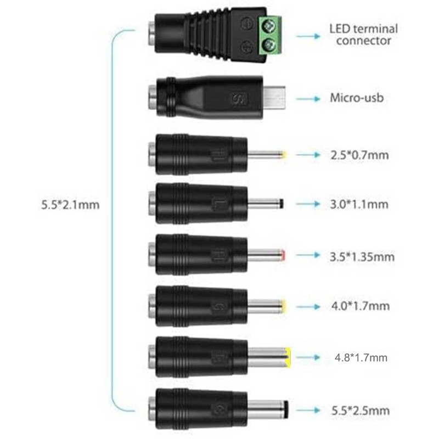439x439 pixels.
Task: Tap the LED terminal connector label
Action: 363,34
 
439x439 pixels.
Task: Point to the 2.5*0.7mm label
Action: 359,155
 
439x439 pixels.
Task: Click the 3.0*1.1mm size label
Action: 359,205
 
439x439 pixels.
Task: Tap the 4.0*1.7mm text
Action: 359,306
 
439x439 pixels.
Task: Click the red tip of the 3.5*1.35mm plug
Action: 282,255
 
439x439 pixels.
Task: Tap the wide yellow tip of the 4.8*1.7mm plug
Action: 288,357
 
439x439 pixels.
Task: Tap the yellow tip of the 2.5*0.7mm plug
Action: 282,155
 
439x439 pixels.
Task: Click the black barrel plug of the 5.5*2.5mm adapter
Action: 269,409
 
